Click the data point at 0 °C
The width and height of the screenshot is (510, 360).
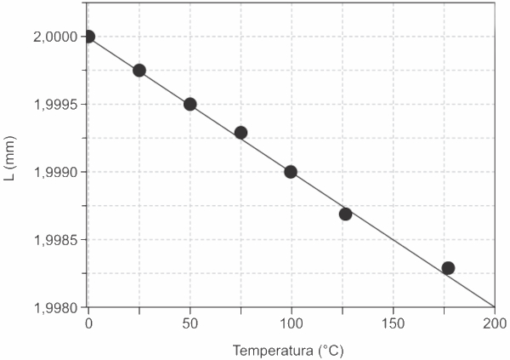(x=88, y=37)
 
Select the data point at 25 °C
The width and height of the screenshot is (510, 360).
(x=139, y=71)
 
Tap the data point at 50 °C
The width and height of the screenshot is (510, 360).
(x=190, y=104)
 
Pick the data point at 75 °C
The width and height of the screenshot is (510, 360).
(x=241, y=132)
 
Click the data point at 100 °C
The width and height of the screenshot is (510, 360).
(x=291, y=171)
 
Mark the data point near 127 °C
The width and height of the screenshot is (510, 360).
(x=345, y=214)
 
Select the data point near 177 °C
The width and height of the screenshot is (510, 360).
(x=448, y=268)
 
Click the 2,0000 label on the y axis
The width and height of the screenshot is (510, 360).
(x=52, y=37)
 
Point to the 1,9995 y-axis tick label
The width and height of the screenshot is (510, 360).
(x=52, y=105)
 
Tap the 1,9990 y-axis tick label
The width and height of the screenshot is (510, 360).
(x=52, y=172)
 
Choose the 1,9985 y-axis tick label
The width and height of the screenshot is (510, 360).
(x=52, y=240)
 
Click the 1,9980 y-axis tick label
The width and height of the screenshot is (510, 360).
(x=52, y=307)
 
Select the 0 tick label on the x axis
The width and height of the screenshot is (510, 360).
(x=88, y=323)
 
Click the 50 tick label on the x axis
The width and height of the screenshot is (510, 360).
(x=190, y=323)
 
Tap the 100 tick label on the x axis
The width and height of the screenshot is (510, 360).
(x=292, y=323)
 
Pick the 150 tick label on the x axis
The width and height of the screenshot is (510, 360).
(x=393, y=323)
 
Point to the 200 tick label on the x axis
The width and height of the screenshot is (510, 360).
(x=494, y=323)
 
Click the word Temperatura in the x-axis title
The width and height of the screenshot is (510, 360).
(x=274, y=350)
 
